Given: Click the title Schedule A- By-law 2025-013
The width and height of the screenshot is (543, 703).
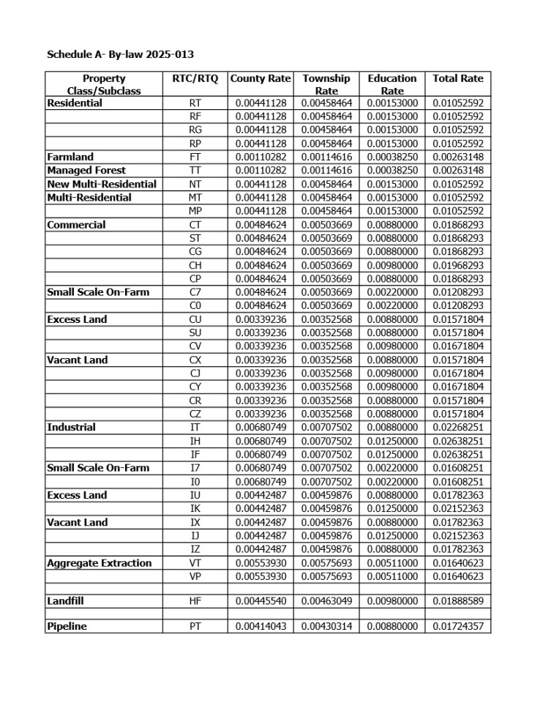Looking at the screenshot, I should pyautogui.click(x=120, y=54).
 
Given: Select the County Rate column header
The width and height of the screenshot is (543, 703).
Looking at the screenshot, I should pyautogui.click(x=261, y=78).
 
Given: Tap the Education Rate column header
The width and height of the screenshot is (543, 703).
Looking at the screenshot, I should pyautogui.click(x=392, y=84).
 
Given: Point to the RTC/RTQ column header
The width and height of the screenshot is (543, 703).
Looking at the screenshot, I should pyautogui.click(x=195, y=78).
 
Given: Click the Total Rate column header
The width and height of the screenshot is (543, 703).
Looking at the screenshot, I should pyautogui.click(x=457, y=78).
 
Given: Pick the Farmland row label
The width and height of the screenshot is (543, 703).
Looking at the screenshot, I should pyautogui.click(x=70, y=157).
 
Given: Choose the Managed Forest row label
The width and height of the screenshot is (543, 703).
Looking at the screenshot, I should pyautogui.click(x=86, y=170).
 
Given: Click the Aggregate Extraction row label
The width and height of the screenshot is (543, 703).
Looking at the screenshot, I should pyautogui.click(x=100, y=563).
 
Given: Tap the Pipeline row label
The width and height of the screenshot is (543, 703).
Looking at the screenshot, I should pyautogui.click(x=67, y=627).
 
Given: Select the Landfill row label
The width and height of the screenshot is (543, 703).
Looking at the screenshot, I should pyautogui.click(x=67, y=601).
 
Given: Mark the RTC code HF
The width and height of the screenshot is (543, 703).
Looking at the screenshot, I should pyautogui.click(x=195, y=601).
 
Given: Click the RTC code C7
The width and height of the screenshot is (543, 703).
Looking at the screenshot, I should pyautogui.click(x=195, y=292).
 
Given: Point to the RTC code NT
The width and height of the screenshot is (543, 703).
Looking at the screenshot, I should pyautogui.click(x=195, y=184).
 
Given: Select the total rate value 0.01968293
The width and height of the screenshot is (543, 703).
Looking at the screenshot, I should pyautogui.click(x=457, y=265).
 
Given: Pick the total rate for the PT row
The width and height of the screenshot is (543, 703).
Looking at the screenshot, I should pyautogui.click(x=457, y=627).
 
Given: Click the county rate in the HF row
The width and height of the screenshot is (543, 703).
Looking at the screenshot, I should pyautogui.click(x=261, y=601).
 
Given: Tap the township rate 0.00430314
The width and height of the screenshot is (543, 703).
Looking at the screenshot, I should pyautogui.click(x=326, y=627).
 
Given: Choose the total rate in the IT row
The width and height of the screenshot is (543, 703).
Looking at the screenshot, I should pyautogui.click(x=457, y=428).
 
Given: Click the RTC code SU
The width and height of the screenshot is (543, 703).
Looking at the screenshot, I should pyautogui.click(x=195, y=332).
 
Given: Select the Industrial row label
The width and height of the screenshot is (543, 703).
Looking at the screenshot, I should pyautogui.click(x=72, y=428).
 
